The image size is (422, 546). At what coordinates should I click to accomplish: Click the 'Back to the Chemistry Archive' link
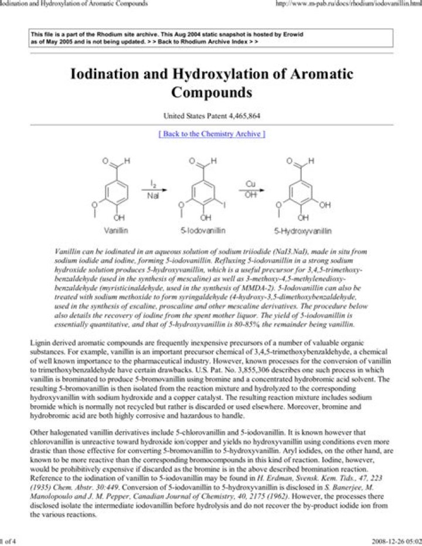[x=211, y=134]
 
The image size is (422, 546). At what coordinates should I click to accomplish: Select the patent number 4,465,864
[x=239, y=116]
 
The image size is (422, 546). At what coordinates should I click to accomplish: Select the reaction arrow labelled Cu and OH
[x=250, y=189]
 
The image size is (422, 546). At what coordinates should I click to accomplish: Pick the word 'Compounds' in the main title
[x=211, y=93]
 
